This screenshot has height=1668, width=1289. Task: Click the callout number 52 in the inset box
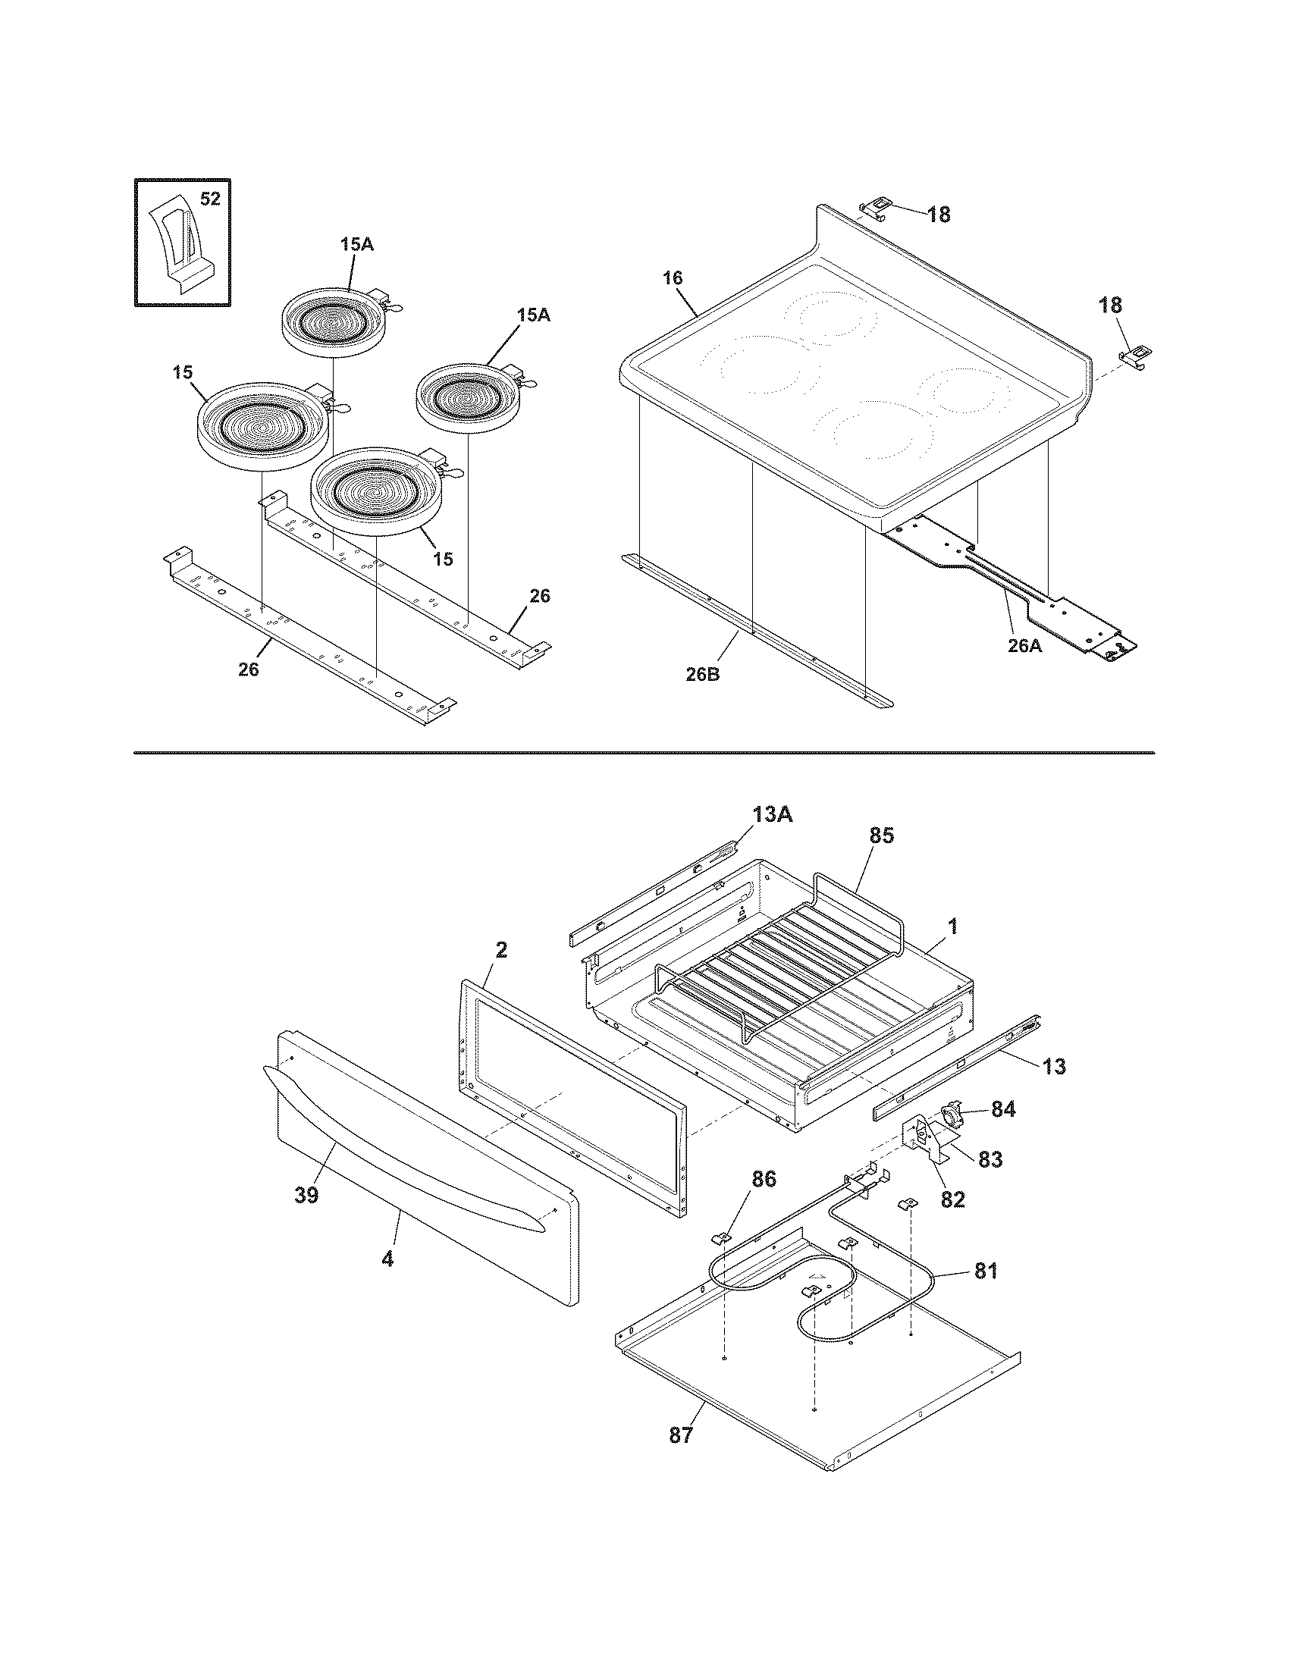(210, 199)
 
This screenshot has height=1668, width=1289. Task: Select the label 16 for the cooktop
(672, 278)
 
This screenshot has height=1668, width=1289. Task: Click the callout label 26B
(703, 675)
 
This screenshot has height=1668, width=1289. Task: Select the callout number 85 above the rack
(880, 836)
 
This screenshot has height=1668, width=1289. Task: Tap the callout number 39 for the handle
(306, 1195)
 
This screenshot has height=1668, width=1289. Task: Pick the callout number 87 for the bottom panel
(681, 1435)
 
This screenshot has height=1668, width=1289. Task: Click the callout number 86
(764, 1179)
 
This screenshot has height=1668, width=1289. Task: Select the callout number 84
(1003, 1109)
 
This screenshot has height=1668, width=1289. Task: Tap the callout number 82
(952, 1199)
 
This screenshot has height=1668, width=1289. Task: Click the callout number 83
(990, 1159)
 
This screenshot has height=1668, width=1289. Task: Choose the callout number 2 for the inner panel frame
(501, 950)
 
